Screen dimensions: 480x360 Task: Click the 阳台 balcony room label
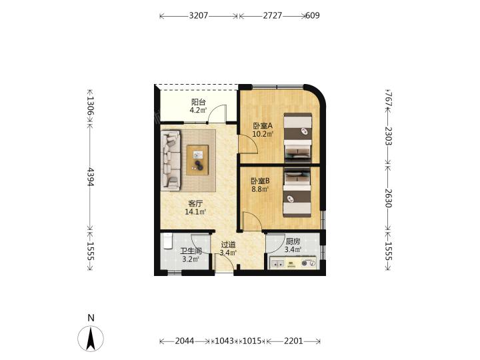(198, 102)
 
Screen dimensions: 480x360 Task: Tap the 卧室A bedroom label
(263, 125)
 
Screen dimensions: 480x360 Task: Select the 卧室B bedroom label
(260, 181)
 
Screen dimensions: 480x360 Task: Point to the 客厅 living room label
(195, 203)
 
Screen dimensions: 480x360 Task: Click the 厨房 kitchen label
(293, 241)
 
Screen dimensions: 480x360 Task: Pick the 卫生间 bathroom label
(191, 251)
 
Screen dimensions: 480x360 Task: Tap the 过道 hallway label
(229, 245)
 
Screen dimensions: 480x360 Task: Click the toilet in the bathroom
(167, 241)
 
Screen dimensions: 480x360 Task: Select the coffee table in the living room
(197, 160)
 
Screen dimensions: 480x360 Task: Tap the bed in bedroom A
(297, 138)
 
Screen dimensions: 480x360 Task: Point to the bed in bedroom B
(297, 192)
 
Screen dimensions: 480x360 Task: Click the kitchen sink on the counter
(278, 263)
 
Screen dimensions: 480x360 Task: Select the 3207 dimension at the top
(199, 15)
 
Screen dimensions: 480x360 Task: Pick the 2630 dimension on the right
(388, 198)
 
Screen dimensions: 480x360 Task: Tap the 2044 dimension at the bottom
(185, 341)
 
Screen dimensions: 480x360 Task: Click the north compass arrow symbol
(91, 339)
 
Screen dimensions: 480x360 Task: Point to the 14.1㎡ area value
(195, 211)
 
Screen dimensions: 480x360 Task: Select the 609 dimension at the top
(313, 15)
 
